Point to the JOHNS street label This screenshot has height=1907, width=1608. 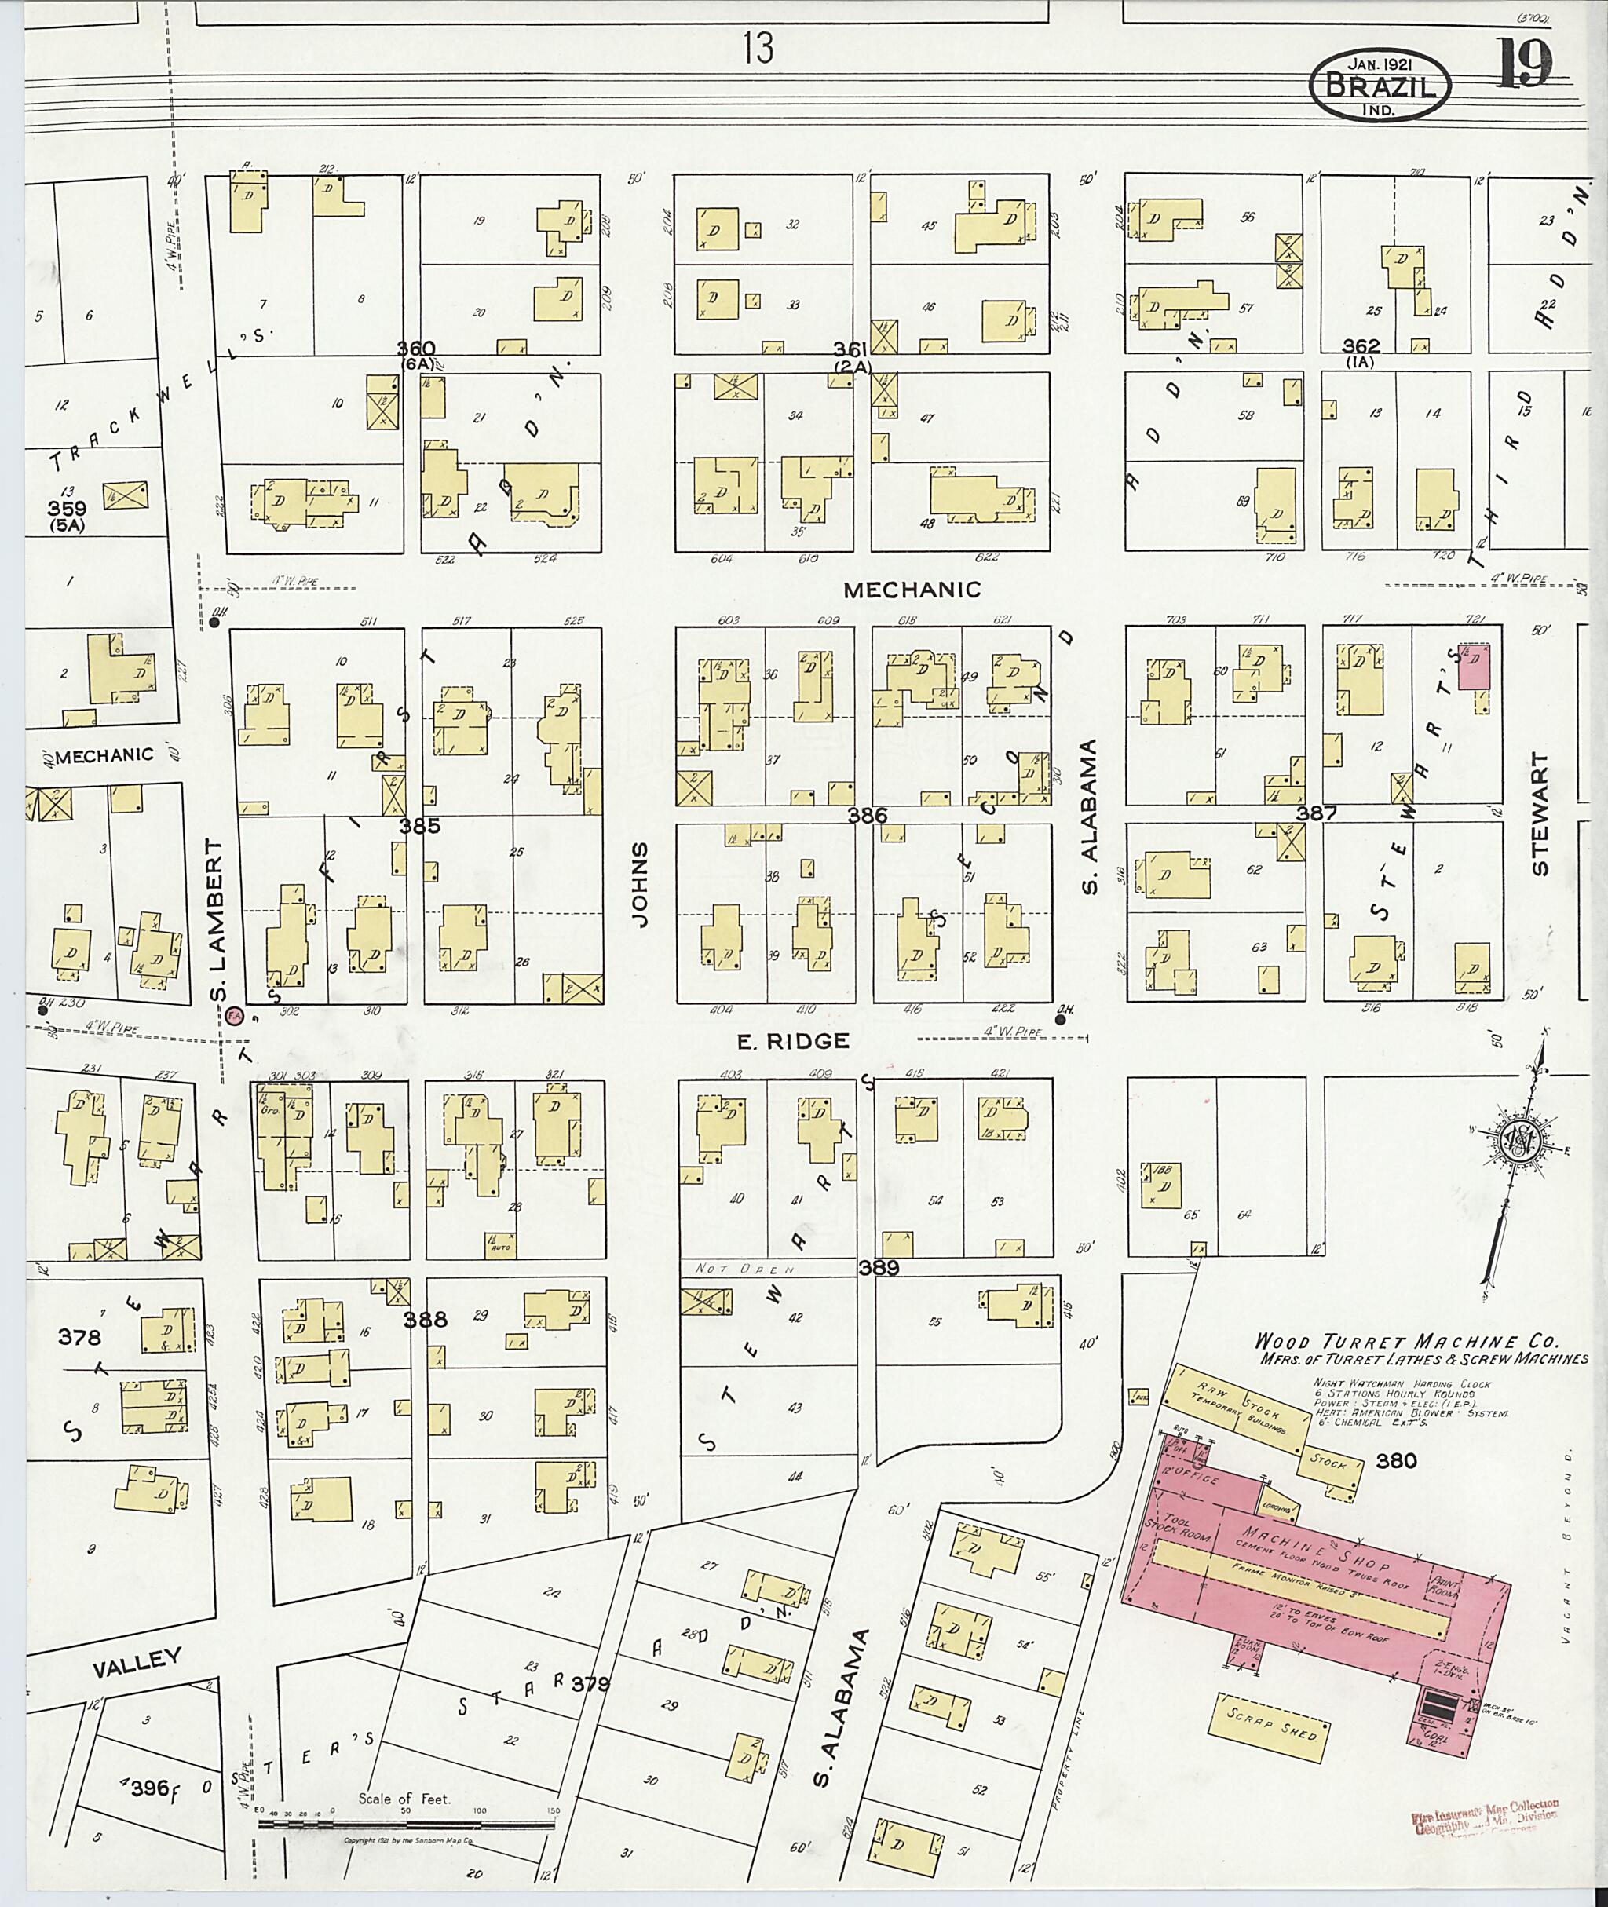(x=640, y=884)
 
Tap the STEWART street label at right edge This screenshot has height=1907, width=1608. (x=1540, y=813)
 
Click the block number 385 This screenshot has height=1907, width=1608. (x=419, y=826)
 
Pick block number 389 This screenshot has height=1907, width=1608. (x=878, y=1267)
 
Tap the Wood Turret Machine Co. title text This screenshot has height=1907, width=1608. (x=1406, y=1341)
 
